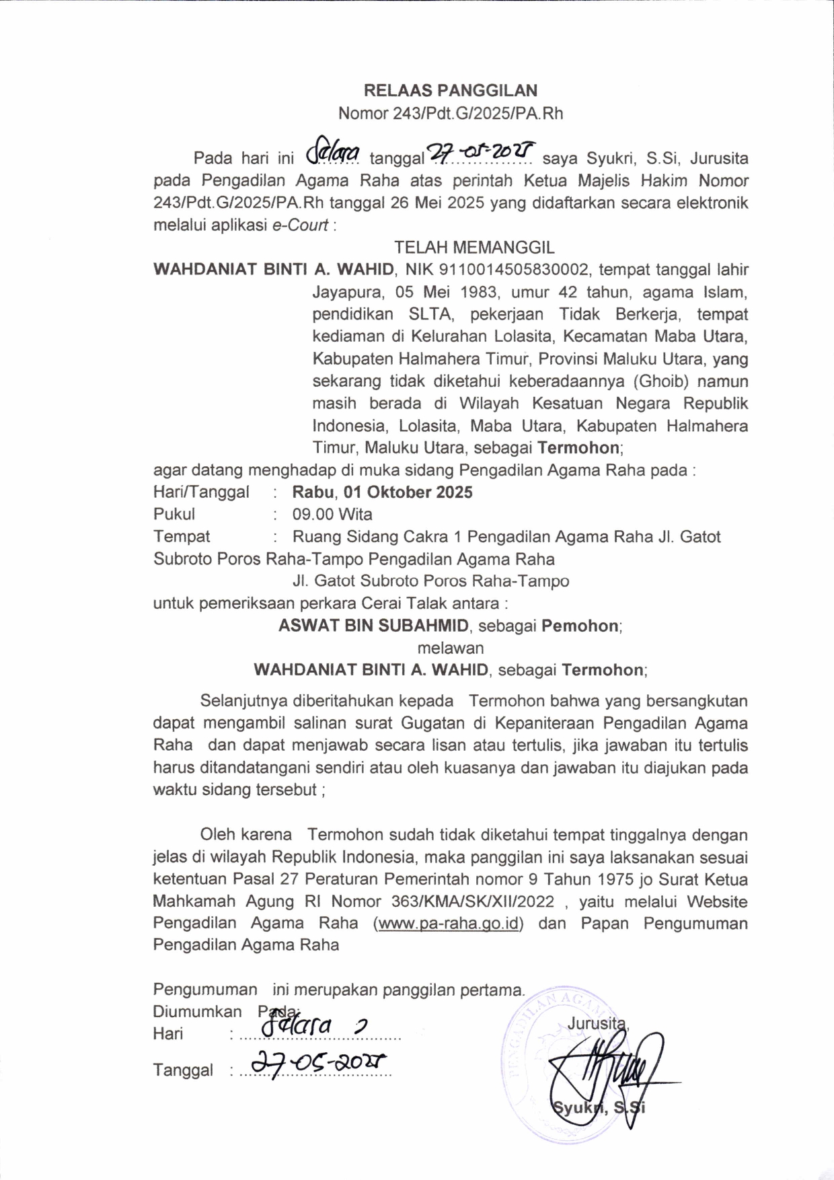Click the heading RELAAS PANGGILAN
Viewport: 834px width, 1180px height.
[x=450, y=90]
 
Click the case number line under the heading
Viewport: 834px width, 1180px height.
[x=450, y=113]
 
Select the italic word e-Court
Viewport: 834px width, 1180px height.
[x=300, y=225]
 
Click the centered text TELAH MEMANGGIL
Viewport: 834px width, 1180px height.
[x=474, y=248]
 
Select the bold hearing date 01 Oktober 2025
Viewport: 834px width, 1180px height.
[x=408, y=492]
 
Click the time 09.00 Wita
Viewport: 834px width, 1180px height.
[x=332, y=515]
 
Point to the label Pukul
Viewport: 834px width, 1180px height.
[x=174, y=515]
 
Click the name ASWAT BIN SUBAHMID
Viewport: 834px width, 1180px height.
[x=373, y=626]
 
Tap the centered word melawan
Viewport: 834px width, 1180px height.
[x=450, y=648]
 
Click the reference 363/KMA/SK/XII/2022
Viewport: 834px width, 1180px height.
[x=472, y=901]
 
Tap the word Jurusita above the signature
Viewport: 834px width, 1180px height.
[x=597, y=1023]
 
